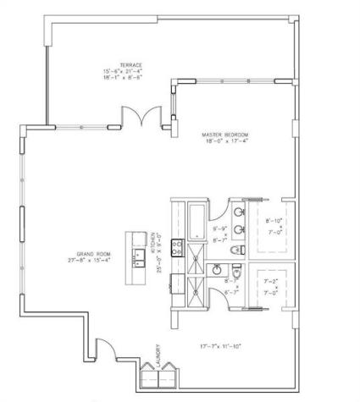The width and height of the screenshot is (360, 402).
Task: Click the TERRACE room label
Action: pyautogui.click(x=130, y=64)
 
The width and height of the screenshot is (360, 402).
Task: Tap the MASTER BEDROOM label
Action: pyautogui.click(x=224, y=135)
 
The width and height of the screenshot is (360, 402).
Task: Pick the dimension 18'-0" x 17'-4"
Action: pyautogui.click(x=224, y=142)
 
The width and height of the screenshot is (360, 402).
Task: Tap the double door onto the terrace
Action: pyautogui.click(x=139, y=116)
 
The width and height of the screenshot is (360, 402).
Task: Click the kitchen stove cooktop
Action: pyautogui.click(x=177, y=248)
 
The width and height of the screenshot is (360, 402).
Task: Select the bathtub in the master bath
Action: pyautogui.click(x=195, y=222)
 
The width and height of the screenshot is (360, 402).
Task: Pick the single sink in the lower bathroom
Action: pyautogui.click(x=217, y=271)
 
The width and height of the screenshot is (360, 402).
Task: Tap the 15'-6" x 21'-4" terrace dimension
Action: pyautogui.click(x=130, y=72)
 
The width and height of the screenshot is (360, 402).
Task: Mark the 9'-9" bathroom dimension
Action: pyautogui.click(x=219, y=229)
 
